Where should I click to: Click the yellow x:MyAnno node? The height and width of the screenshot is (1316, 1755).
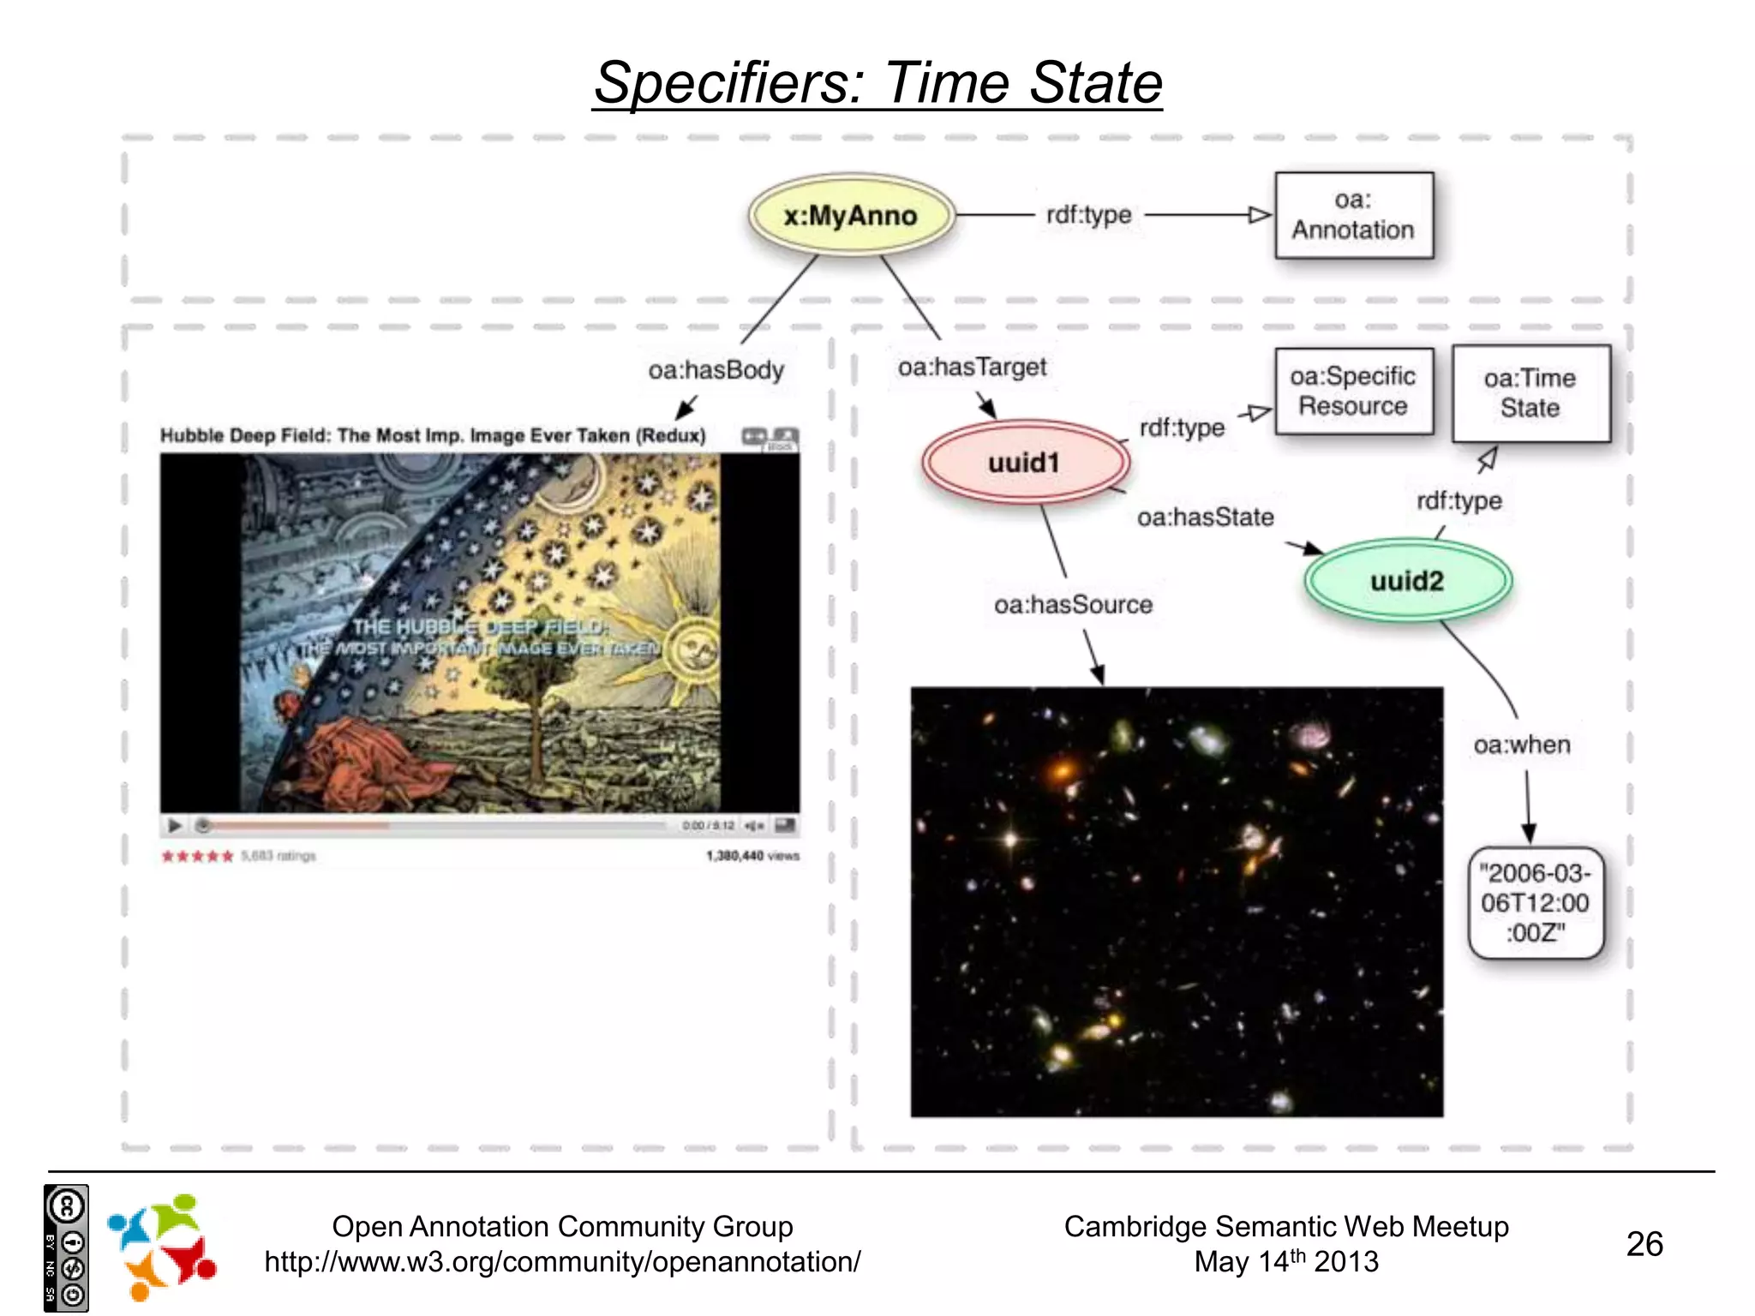click(850, 216)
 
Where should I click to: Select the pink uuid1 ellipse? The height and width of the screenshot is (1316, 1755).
click(1025, 463)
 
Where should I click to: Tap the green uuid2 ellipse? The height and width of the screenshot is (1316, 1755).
click(1407, 581)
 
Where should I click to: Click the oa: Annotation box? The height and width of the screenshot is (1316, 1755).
click(1353, 215)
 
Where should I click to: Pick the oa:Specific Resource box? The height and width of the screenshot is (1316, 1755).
click(1353, 392)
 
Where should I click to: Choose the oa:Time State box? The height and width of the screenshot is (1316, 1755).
click(1530, 393)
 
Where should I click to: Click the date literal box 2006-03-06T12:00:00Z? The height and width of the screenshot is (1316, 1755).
click(1535, 903)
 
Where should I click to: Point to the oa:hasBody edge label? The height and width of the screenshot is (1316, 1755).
click(716, 370)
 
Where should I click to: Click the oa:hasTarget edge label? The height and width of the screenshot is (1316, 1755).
click(972, 368)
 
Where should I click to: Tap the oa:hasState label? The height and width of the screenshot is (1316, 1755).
click(1205, 517)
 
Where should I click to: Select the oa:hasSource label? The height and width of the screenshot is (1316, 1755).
click(1073, 605)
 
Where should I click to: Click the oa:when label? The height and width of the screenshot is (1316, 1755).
click(1522, 745)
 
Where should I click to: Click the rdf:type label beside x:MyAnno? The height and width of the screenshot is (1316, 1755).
click(1088, 215)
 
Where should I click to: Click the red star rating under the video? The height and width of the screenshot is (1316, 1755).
click(197, 856)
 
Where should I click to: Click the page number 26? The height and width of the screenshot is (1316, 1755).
click(1644, 1244)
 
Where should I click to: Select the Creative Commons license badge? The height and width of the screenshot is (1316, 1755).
click(66, 1248)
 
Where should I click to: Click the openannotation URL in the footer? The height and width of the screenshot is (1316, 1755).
click(562, 1262)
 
